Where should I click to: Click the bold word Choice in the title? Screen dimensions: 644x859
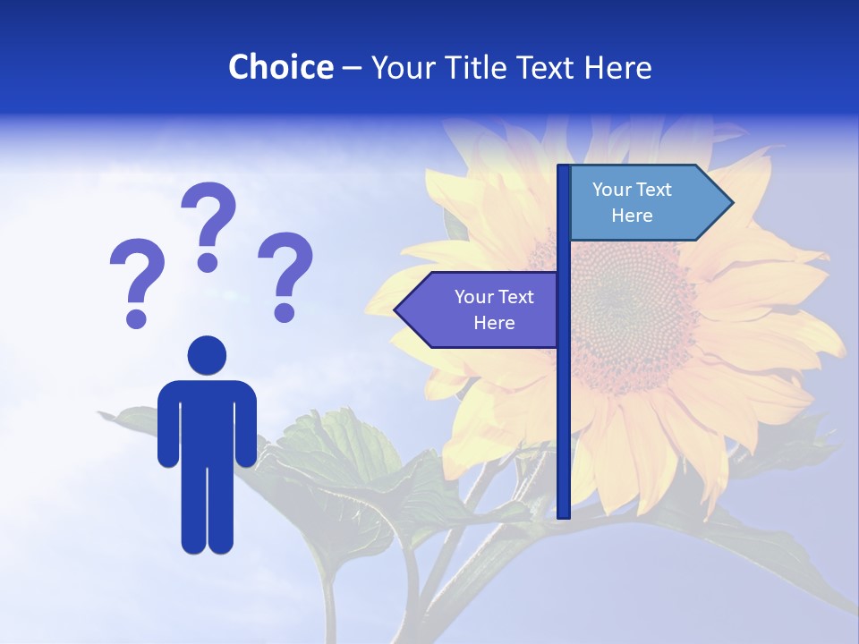coord(280,67)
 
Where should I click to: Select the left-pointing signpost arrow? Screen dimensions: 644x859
coord(479,309)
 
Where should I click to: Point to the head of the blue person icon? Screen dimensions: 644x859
coord(207,354)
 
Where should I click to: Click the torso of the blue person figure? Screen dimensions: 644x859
coord(207,420)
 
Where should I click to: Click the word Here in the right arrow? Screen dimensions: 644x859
coord(632,216)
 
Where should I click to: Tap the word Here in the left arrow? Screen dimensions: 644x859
coord(494,323)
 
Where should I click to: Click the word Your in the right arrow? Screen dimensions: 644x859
coord(610,190)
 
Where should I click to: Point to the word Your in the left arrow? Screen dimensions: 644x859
coord(472,297)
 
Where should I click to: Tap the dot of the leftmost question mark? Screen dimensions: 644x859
coord(136,318)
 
